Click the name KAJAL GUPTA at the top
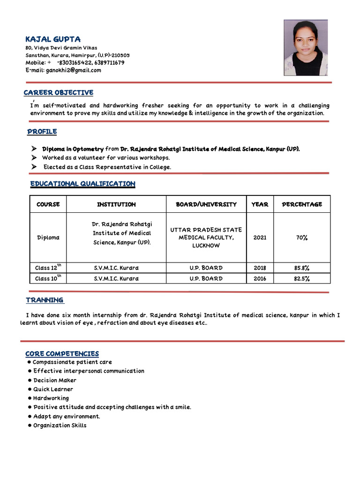[53, 39]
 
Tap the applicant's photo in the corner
[306, 48]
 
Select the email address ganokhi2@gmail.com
[73, 70]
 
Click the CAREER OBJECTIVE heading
[59, 93]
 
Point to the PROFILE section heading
[42, 132]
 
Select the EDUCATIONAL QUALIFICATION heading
[82, 184]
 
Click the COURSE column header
[48, 204]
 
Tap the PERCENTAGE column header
[302, 204]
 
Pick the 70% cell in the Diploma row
[302, 238]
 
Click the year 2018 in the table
[260, 268]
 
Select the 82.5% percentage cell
[302, 278]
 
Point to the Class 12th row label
[48, 268]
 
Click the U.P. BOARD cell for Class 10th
[206, 278]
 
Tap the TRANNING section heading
[45, 300]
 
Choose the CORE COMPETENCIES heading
[62, 353]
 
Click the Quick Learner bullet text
[53, 389]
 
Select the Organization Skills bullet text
[60, 425]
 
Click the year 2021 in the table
[260, 238]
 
